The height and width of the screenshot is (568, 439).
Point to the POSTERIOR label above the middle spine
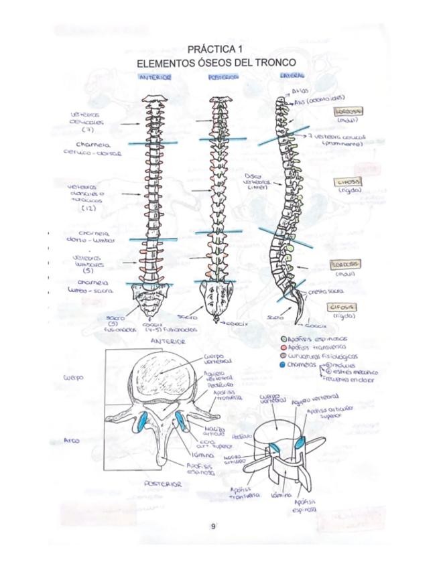223,77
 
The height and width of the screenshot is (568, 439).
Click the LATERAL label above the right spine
292,76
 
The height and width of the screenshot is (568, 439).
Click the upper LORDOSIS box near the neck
349,111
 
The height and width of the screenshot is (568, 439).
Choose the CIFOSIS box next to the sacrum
342,306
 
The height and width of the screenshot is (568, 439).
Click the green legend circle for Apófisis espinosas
284,339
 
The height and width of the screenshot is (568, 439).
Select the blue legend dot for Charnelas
284,365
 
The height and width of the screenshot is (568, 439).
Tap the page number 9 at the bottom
213,526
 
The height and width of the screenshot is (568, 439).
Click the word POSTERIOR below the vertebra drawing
163,483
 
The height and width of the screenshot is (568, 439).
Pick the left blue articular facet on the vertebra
143,423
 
